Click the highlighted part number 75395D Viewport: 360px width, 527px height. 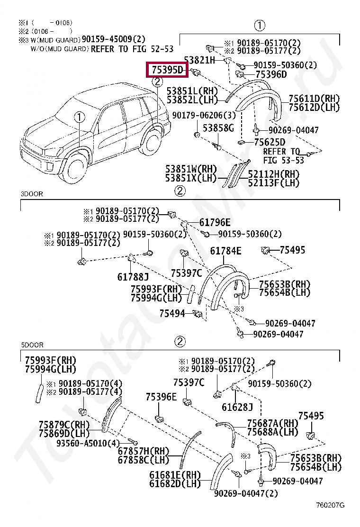click(x=167, y=70)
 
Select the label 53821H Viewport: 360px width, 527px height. click(x=199, y=60)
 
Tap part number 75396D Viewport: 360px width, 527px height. click(x=271, y=74)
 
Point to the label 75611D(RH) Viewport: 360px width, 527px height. click(x=314, y=99)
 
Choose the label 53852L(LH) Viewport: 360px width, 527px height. click(x=192, y=100)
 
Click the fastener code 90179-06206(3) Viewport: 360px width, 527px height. click(x=204, y=115)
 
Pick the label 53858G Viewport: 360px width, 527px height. click(x=218, y=128)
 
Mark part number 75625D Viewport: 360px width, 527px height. click(x=270, y=142)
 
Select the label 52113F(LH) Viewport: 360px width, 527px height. click(x=273, y=183)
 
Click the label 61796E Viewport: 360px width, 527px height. click(x=215, y=222)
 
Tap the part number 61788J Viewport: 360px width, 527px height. click(x=133, y=277)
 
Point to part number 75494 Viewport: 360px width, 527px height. click(x=172, y=314)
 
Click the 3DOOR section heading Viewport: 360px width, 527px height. click(x=32, y=194)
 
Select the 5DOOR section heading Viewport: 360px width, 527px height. click(x=32, y=345)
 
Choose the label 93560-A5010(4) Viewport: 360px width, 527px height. click(x=88, y=443)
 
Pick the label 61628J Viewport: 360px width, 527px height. click(x=237, y=408)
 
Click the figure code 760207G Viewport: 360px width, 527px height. click(x=330, y=505)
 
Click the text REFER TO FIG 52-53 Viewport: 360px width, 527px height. click(x=132, y=49)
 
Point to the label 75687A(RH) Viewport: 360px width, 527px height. click(x=273, y=423)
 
